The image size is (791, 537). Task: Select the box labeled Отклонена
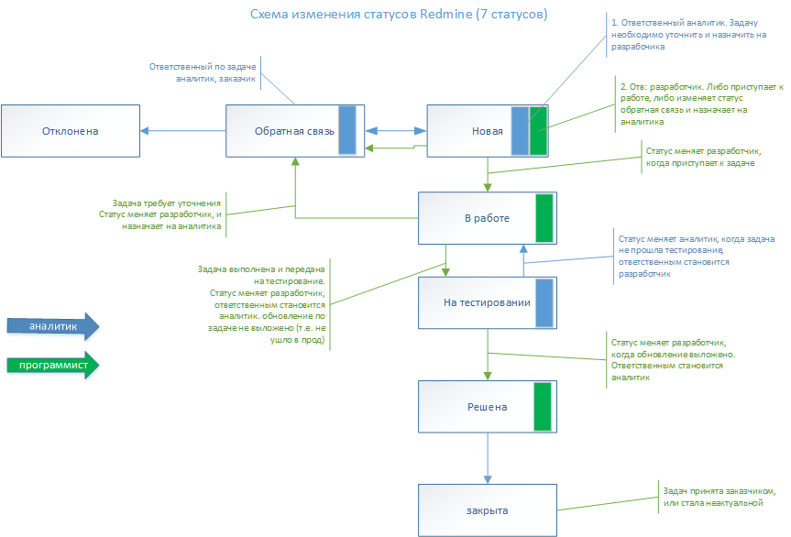point(69,131)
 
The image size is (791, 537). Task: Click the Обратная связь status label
point(282,131)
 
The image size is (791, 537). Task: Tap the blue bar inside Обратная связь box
point(347,130)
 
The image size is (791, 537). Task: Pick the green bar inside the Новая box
point(538,130)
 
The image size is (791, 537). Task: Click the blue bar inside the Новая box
point(520,130)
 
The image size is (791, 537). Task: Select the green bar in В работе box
point(544,218)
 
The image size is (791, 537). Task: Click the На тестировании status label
point(475,302)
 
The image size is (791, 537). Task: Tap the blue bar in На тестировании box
point(544,303)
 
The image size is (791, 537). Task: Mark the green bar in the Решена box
point(543,406)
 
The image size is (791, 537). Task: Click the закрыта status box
point(487,510)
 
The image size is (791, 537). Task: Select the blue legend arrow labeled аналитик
point(52,326)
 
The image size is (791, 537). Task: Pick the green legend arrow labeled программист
point(52,365)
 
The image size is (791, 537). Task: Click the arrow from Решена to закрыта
point(488,457)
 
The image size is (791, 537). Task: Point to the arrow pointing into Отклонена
point(182,131)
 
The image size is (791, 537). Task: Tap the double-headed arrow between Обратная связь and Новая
point(395,130)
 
